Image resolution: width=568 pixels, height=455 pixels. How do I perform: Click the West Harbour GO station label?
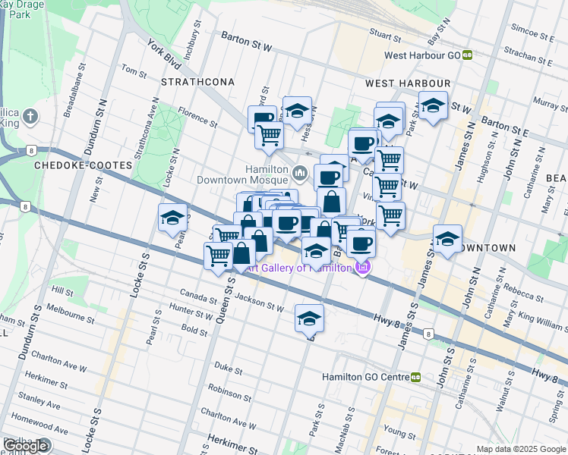point(423,55)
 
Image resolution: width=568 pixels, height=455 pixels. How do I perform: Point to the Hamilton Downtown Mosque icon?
point(300,174)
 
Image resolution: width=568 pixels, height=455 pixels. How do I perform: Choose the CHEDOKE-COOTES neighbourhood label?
point(72,164)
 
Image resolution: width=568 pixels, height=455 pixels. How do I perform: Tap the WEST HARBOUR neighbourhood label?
point(408,83)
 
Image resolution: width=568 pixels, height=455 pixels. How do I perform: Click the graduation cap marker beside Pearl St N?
point(172,218)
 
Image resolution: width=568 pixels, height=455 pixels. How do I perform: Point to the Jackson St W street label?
point(260,304)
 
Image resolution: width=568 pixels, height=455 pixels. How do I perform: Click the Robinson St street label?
point(224,391)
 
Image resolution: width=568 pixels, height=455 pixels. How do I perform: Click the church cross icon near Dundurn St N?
point(30,117)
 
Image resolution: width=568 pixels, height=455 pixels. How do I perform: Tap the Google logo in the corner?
point(25,445)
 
